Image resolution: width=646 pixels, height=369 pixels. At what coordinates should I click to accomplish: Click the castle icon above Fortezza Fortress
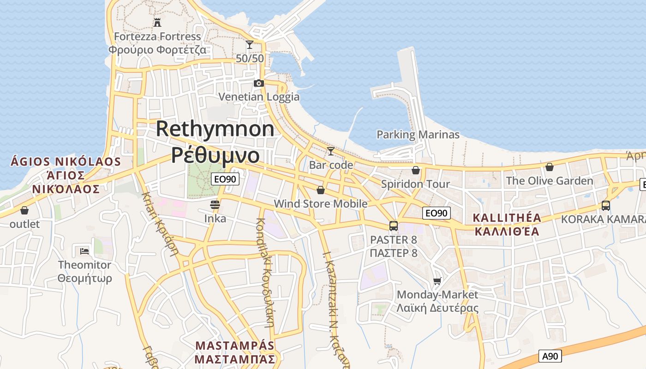coord(157,22)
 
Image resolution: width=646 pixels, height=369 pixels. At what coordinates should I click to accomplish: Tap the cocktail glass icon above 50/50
coord(250,45)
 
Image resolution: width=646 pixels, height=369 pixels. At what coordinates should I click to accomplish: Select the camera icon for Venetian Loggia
coord(259,83)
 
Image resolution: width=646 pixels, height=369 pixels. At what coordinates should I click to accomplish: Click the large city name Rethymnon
coord(215,129)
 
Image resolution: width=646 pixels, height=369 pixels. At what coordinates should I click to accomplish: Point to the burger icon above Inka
coord(215,204)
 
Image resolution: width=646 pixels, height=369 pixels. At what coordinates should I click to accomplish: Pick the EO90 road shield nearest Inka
coord(225,179)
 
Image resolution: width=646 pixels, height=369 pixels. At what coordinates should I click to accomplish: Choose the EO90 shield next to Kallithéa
coord(437,213)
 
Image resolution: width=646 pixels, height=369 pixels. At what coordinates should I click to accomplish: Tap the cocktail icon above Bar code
coord(331,151)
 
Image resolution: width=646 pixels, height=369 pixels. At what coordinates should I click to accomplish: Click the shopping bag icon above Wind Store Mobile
coord(321,190)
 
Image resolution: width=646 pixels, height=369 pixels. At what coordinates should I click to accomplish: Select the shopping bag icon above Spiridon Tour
coord(416,170)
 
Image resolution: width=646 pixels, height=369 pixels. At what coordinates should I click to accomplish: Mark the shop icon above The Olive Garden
coord(550,167)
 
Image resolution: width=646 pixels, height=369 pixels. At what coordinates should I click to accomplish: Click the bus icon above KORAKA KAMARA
coord(606,206)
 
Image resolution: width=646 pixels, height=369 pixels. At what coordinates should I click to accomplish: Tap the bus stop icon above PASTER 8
coord(394,226)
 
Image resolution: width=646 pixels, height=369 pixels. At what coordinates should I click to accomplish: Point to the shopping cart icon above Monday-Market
coord(437,281)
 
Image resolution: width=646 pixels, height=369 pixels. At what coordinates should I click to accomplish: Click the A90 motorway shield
coord(550,356)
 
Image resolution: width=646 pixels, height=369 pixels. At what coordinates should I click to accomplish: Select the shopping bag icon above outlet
coord(24,211)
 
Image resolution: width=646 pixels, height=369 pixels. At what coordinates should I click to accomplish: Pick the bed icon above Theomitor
coord(84,251)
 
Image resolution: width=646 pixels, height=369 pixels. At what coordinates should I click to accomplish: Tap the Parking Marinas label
coord(418,135)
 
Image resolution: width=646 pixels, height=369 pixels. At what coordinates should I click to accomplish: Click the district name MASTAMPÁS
coord(235,345)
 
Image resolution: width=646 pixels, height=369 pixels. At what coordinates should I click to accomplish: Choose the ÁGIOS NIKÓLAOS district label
coord(66,162)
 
